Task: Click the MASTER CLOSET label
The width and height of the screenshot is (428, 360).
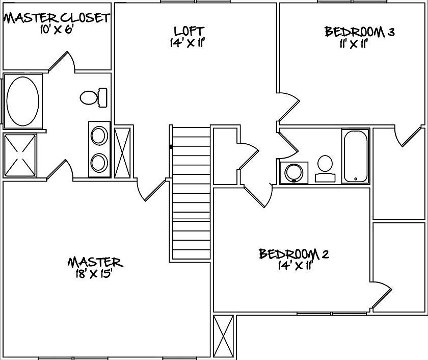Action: [x=56, y=18]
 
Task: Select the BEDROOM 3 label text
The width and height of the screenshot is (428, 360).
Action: [x=360, y=32]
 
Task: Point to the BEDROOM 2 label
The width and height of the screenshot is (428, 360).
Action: [x=293, y=253]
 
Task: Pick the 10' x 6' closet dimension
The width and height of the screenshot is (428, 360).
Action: [x=53, y=30]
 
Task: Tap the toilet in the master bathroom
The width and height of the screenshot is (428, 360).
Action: [x=94, y=96]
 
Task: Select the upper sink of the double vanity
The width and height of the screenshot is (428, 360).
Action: [x=99, y=136]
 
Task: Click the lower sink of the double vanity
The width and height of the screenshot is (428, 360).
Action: [x=99, y=163]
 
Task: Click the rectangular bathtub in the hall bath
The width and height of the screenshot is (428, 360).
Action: [x=355, y=156]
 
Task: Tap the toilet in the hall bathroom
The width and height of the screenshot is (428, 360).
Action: [x=325, y=169]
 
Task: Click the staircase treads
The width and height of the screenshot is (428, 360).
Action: [x=191, y=194]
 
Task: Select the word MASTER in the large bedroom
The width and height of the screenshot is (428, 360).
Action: [x=95, y=263]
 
